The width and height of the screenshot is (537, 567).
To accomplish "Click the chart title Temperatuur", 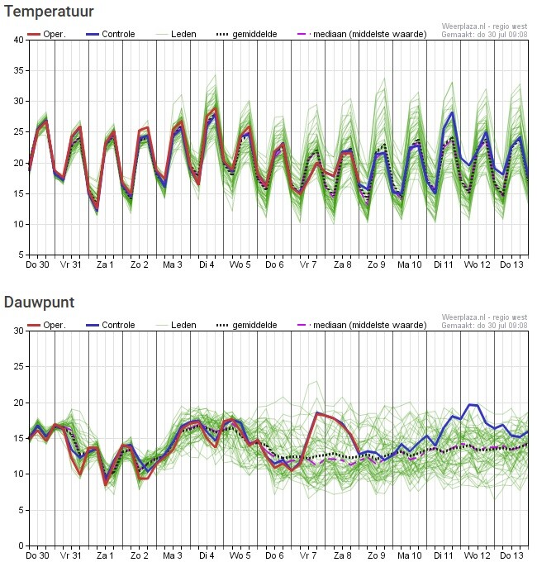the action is [x=49, y=11].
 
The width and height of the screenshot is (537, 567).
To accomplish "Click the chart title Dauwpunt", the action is [x=40, y=302].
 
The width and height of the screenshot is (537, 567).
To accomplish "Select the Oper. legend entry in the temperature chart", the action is [x=46, y=34].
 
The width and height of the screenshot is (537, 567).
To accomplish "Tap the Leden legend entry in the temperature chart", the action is [x=176, y=34].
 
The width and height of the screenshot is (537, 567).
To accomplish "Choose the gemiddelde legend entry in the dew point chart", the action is [x=246, y=325].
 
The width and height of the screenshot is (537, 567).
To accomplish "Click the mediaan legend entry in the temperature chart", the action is [x=362, y=34].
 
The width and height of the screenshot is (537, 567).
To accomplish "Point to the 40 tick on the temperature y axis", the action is [x=19, y=40].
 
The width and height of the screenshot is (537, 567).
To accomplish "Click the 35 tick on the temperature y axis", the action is [x=19, y=70].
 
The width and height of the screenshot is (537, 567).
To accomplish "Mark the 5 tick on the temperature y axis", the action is [x=21, y=255].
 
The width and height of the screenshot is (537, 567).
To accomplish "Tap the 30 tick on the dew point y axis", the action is [x=19, y=331].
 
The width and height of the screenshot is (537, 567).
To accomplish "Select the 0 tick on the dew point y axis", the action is [x=21, y=546].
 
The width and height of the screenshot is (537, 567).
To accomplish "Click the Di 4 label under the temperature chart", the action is [x=207, y=264].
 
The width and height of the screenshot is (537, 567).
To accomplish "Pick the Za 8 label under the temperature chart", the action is [x=342, y=264].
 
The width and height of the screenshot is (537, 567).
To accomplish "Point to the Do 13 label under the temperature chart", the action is [x=511, y=264].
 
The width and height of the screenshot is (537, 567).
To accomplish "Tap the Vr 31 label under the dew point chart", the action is [x=71, y=555].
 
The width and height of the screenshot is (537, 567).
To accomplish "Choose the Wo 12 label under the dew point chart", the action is [x=477, y=555].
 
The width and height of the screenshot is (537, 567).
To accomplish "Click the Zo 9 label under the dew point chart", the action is [x=376, y=555].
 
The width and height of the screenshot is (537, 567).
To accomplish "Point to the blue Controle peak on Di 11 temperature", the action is [x=452, y=112].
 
